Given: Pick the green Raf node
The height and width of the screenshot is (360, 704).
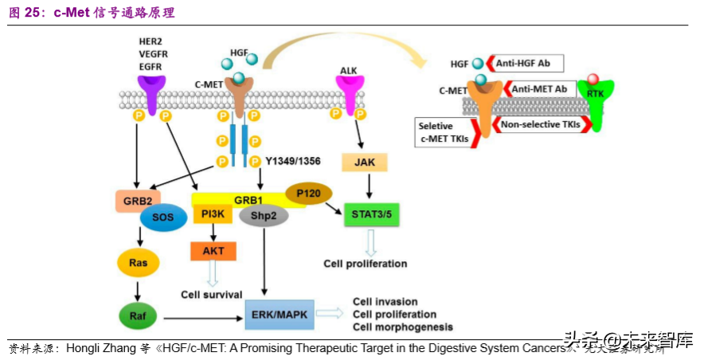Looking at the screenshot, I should (x=139, y=315).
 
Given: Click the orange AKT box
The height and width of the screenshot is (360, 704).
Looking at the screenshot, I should (x=213, y=251).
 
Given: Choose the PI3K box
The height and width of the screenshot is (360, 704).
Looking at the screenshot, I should (x=213, y=213).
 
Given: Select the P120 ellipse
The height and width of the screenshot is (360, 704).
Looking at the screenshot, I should (x=308, y=194).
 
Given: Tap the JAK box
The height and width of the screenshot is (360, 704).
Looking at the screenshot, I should (x=363, y=162).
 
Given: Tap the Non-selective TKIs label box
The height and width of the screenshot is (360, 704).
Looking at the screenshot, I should (x=540, y=125).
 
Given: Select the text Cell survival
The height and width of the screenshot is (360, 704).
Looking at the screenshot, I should (x=211, y=294).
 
